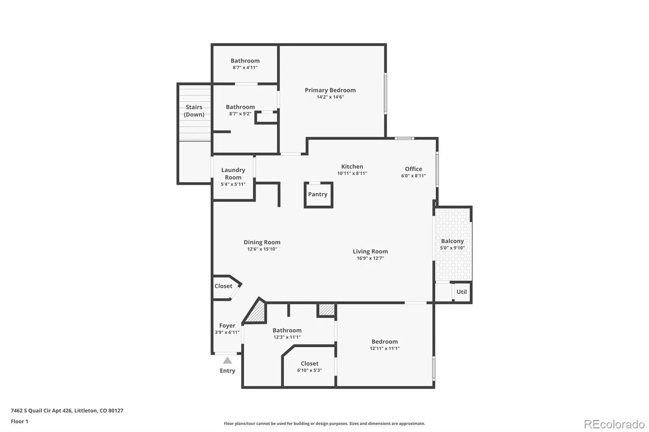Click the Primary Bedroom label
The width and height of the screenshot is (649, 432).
[330, 90]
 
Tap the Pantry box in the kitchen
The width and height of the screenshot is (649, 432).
[318, 195]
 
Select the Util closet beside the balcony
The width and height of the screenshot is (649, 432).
[462, 292]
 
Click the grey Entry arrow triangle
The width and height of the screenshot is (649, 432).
[228, 361]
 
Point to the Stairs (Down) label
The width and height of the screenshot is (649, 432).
[194, 111]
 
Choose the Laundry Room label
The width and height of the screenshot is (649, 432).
[233, 173]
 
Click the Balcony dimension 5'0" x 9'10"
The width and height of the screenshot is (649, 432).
[452, 248]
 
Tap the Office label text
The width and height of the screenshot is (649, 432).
[413, 169]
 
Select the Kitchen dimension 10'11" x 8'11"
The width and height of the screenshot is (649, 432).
[352, 173]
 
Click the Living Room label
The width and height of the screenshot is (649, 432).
[370, 252]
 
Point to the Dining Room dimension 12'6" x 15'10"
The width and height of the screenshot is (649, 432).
[262, 249]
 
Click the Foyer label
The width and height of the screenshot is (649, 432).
[227, 325]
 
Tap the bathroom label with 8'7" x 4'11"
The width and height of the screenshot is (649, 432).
[245, 61]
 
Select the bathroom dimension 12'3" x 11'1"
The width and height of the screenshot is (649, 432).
[287, 337]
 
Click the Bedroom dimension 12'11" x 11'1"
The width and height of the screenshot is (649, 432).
[385, 349]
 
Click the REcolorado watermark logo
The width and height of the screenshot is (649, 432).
[614, 424]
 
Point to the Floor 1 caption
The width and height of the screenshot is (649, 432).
[19, 421]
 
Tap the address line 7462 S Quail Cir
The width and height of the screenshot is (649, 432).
[67, 411]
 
